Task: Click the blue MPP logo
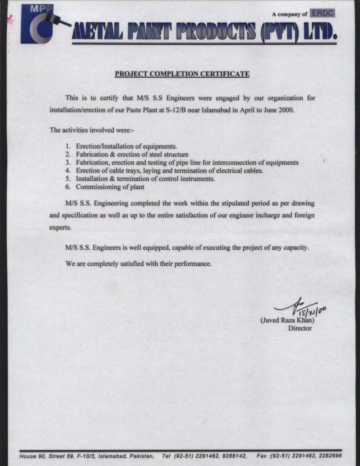click(37, 24)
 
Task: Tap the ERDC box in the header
click(322, 14)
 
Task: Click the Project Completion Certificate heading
click(182, 74)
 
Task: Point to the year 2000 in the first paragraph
click(287, 110)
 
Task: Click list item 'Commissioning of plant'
click(110, 187)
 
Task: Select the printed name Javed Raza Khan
click(287, 320)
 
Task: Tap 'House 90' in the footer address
click(32, 456)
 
